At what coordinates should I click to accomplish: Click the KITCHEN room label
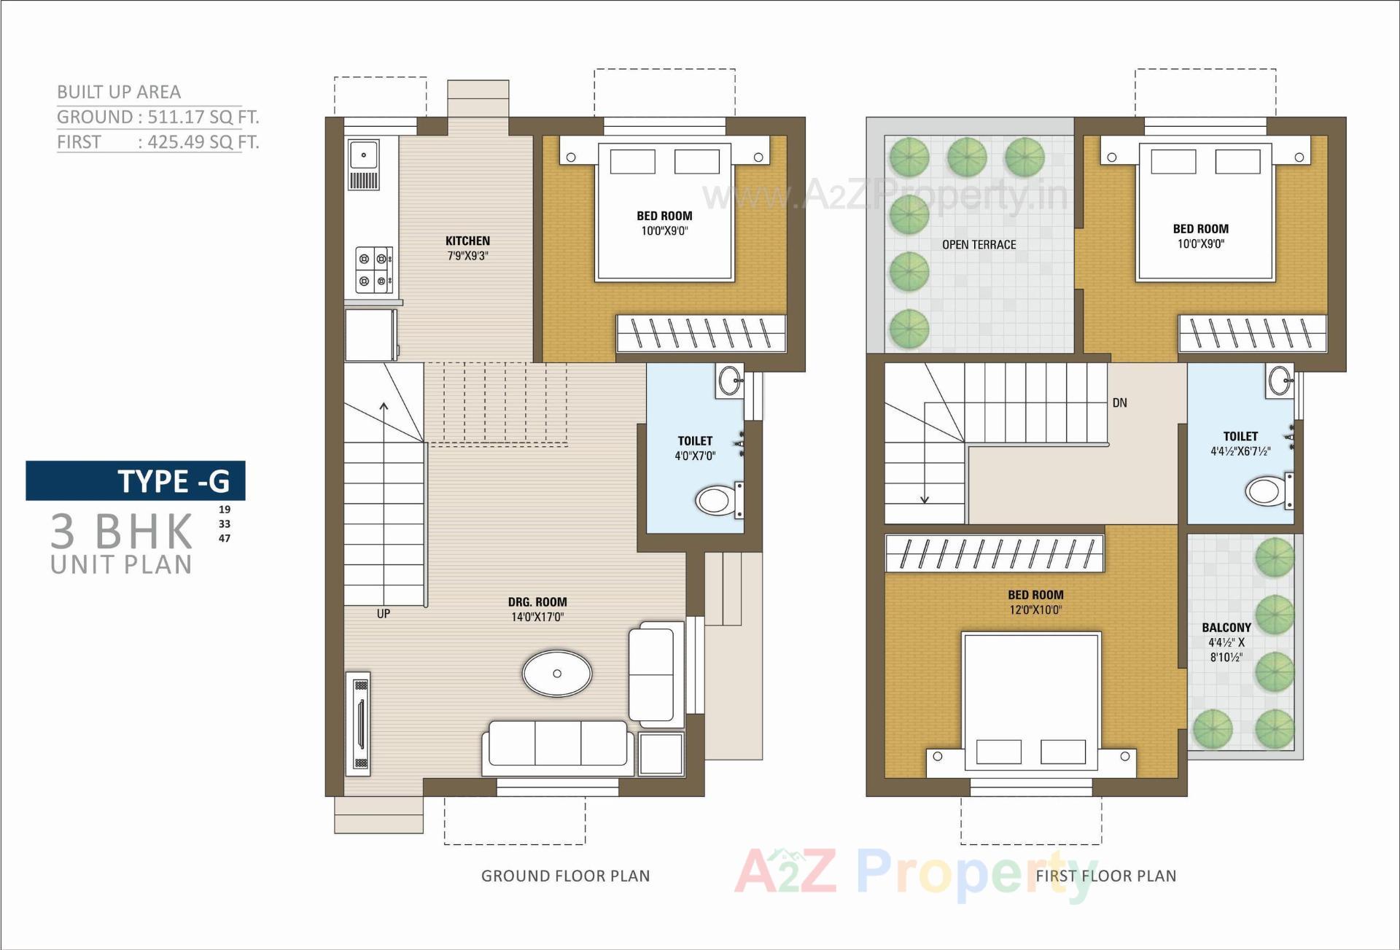[x=467, y=241]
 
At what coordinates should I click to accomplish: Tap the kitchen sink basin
[x=363, y=155]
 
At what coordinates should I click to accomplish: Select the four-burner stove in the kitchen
[x=373, y=270]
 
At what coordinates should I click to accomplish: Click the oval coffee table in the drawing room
[x=557, y=673]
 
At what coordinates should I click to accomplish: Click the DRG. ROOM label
[x=537, y=602]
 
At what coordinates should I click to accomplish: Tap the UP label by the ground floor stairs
[x=384, y=614]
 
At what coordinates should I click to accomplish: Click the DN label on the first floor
[x=1119, y=402]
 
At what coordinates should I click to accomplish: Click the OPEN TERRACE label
[x=979, y=245]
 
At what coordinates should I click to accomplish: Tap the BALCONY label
[x=1226, y=628]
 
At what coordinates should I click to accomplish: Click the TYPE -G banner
[x=136, y=481]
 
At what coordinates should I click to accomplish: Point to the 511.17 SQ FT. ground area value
[x=203, y=117]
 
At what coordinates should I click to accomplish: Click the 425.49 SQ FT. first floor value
[x=203, y=141]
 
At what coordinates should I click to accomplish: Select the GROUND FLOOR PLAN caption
[x=565, y=876]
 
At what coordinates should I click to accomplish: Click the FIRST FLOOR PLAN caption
[x=1105, y=876]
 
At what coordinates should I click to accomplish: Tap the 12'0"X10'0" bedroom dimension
[x=1035, y=610]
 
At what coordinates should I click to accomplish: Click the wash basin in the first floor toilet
[x=1280, y=380]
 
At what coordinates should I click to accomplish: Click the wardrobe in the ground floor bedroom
[x=701, y=333]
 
